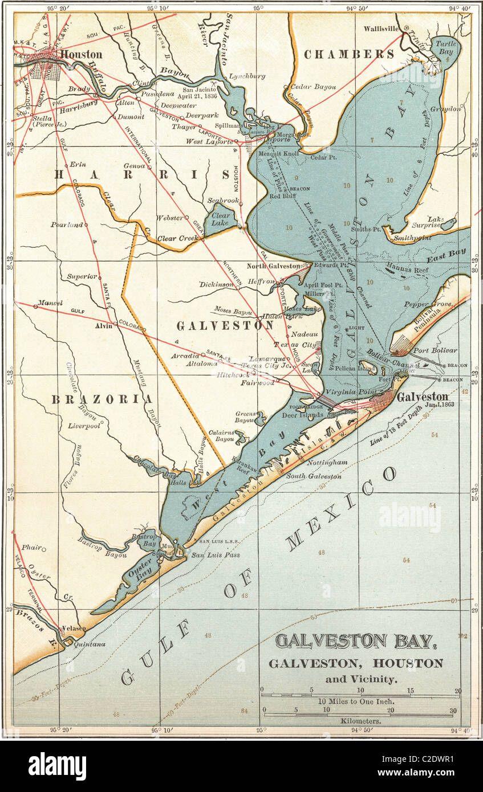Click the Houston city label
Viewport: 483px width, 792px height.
tap(81, 55)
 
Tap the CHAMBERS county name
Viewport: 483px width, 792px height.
tap(348, 55)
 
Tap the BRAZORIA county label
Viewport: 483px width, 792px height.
tap(102, 399)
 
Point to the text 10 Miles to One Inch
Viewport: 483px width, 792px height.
tap(356, 701)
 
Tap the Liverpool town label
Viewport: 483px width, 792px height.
tap(84, 426)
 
